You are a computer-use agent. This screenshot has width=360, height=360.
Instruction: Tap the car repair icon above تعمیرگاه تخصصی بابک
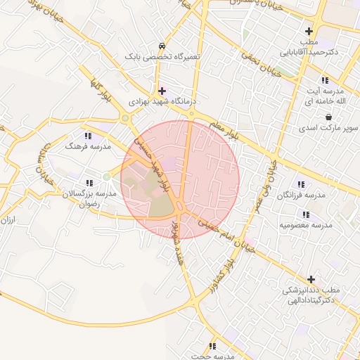point(163,44)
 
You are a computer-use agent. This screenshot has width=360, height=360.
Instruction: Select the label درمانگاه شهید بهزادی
point(162,102)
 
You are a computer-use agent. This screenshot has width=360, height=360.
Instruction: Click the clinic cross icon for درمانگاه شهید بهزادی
point(162,91)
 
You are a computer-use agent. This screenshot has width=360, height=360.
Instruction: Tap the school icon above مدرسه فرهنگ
point(88,135)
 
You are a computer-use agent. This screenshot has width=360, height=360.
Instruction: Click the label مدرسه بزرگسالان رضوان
point(89,198)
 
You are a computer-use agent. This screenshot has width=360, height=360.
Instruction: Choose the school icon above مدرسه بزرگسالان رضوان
point(89,182)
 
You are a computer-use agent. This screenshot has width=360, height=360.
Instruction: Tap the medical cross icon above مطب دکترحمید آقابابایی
point(309,32)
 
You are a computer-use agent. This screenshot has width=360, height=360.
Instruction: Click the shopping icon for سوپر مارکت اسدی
point(328,117)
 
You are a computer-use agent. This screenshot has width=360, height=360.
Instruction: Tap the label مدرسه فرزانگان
point(304,195)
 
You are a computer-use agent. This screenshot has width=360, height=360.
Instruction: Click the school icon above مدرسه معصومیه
point(305,214)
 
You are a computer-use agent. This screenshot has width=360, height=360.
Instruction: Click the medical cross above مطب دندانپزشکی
point(311,279)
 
